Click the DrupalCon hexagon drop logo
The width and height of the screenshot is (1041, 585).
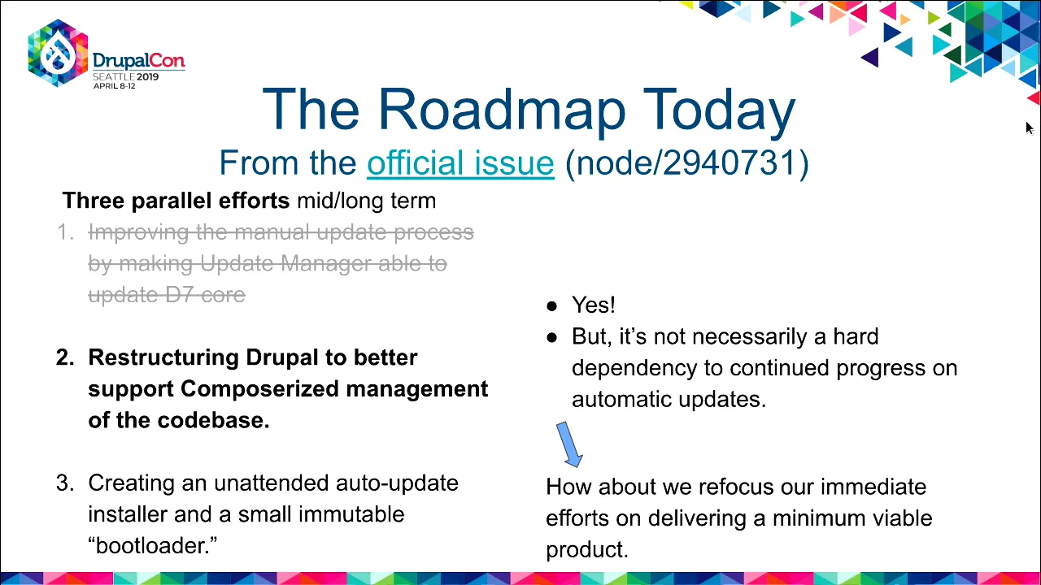[58, 53]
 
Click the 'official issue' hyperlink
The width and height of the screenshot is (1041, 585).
[460, 163]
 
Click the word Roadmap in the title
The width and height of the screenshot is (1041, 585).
[503, 110]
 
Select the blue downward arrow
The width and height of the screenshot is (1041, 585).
[570, 444]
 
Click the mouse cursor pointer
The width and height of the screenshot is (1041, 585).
[1030, 128]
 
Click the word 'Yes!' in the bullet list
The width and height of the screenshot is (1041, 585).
[594, 305]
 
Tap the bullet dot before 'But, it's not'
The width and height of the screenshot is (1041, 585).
[551, 338]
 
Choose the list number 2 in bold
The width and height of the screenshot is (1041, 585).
[65, 357]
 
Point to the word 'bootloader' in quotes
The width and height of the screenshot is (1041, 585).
[152, 545]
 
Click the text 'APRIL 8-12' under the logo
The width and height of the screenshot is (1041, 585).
[115, 86]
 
